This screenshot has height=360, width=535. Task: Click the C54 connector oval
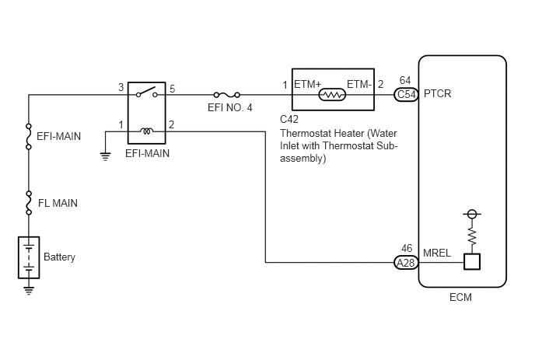coord(406,95)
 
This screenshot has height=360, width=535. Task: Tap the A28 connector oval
coord(406,262)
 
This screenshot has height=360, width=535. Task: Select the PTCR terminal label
coord(438,93)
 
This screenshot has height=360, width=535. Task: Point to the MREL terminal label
coord(437,253)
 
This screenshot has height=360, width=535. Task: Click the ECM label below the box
coord(460,297)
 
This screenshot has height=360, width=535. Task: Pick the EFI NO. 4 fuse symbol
coord(227,95)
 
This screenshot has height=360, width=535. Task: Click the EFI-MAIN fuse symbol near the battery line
coord(29,137)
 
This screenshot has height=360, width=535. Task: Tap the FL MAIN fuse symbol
coord(29,203)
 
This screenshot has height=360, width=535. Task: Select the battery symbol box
coord(29,257)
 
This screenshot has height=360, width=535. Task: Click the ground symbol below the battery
coord(29,290)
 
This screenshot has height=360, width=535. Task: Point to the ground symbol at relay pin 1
coord(106,156)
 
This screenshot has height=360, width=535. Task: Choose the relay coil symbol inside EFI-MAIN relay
coord(147,131)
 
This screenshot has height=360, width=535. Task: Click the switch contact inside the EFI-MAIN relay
coord(147,92)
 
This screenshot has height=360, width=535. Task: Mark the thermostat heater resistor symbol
coord(332,95)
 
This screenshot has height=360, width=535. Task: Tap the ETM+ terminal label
coord(308,84)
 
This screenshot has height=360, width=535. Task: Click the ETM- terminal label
coord(359,84)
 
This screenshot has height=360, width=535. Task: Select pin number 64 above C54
coord(405,80)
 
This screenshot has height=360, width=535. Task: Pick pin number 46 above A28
coord(407,248)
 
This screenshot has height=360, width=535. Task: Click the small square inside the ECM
coord(472,262)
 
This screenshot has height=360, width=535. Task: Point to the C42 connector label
coord(289,119)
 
